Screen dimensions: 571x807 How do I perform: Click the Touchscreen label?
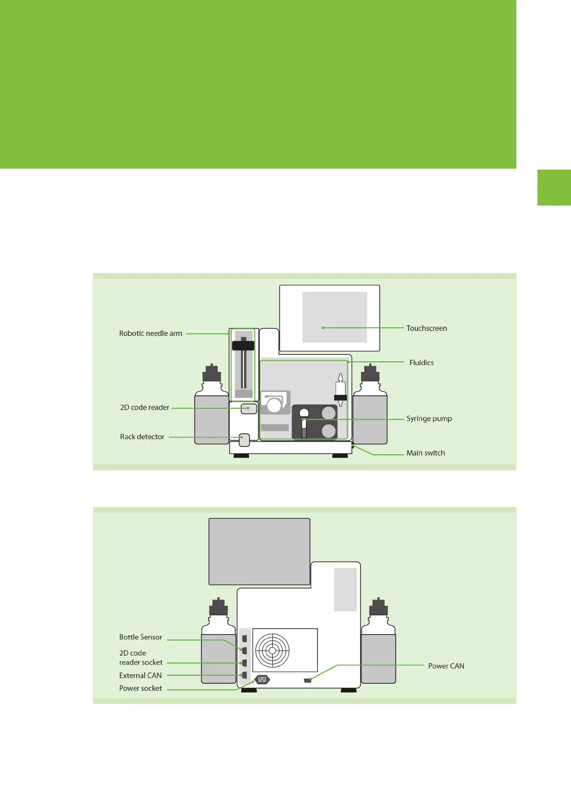coord(426,328)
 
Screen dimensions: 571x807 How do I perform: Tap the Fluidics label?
coord(421,363)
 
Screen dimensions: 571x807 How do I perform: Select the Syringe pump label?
coord(429,418)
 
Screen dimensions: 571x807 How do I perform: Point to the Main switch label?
coord(425,453)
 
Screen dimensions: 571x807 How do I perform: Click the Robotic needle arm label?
coord(151,334)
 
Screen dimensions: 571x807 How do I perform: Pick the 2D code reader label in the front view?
coord(144,408)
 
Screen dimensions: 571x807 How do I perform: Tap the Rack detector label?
coord(142,437)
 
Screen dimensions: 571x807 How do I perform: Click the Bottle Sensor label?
coord(140,637)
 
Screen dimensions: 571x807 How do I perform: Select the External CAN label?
coord(140,676)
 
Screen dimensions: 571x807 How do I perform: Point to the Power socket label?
coord(140,689)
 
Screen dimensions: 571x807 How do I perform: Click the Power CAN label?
coord(446,666)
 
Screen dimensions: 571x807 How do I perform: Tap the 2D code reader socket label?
coord(140,657)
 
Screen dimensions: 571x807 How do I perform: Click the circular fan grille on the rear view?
coord(272,650)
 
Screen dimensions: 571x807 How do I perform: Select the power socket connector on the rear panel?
coord(262,680)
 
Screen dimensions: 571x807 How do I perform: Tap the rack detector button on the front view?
coord(245,439)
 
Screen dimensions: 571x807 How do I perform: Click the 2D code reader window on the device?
coord(249,409)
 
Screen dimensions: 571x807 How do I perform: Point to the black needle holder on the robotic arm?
coord(243,346)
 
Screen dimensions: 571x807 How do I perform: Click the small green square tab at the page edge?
coord(554,187)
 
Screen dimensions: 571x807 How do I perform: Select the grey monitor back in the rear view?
coord(259,551)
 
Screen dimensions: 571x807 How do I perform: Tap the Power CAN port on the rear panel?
coord(308,680)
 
